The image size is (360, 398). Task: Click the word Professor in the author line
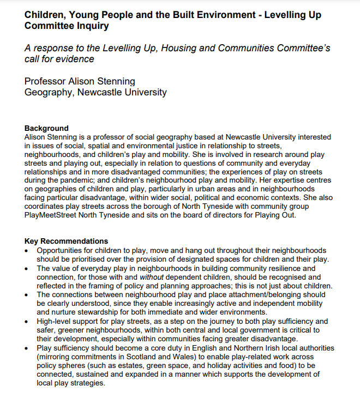click(45, 81)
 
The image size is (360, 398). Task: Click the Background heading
click(46, 129)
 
